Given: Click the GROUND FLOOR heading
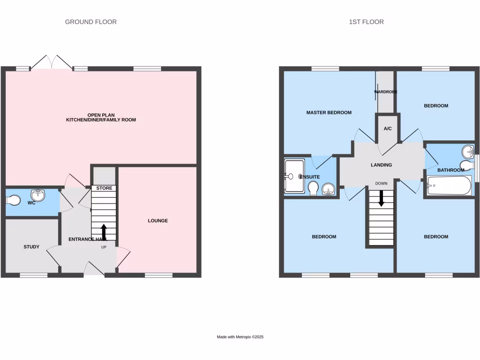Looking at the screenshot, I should (x=90, y=22).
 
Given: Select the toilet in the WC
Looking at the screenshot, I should (x=13, y=200).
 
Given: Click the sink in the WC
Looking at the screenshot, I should (x=37, y=194).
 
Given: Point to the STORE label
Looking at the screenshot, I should (x=104, y=188).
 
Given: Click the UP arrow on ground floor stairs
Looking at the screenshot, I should (x=104, y=231).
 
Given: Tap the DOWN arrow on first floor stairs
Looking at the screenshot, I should (x=381, y=198).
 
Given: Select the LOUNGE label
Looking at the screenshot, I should (x=157, y=220).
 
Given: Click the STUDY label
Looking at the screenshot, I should (x=31, y=247).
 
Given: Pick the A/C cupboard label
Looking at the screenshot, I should (x=388, y=128).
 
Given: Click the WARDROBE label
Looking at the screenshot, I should (x=386, y=92).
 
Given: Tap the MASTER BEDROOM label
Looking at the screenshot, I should (x=329, y=112).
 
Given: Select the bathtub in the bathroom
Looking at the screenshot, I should (x=448, y=185).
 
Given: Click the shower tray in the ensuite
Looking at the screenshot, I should (x=294, y=176).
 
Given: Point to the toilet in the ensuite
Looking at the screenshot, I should (x=314, y=188).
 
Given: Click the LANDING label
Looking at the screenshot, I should (x=381, y=165).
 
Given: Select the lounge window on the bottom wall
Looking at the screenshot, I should (x=158, y=275).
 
